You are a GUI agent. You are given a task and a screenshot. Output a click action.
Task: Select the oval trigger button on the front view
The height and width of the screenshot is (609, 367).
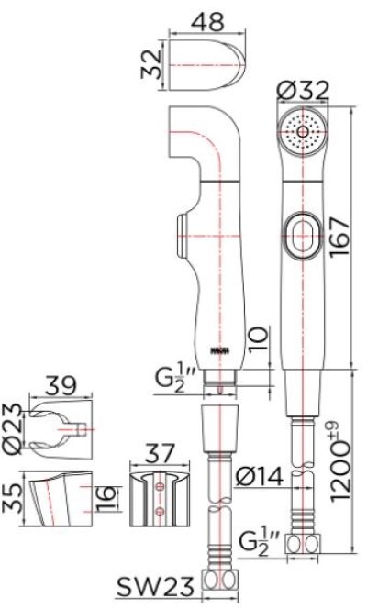click(301, 233)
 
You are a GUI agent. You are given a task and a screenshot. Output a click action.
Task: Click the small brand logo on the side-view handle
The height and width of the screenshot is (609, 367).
click(220, 349)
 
